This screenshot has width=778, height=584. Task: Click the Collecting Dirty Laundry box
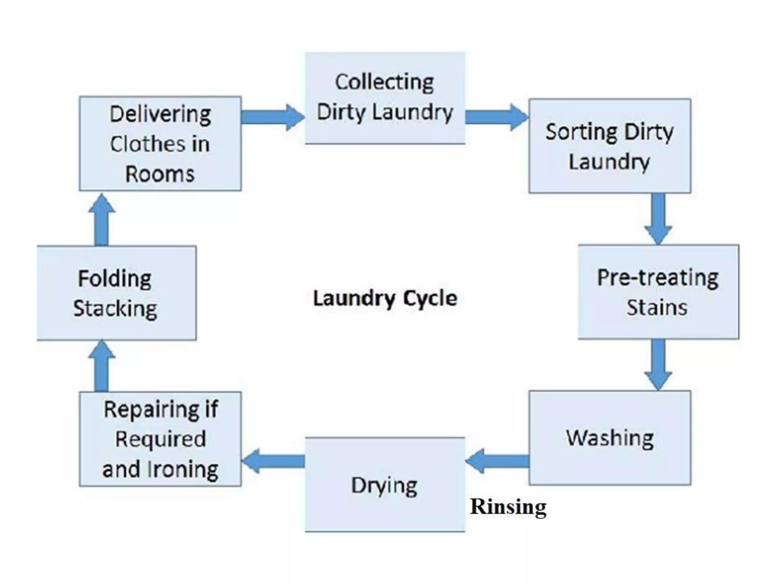[x=384, y=98]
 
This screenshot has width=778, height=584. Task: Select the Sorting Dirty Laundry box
[x=609, y=146]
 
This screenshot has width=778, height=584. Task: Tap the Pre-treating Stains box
[x=658, y=292]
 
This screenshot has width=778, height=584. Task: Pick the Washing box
[x=609, y=438]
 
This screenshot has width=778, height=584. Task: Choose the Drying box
[x=384, y=484]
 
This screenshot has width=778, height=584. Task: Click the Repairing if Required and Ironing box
[x=160, y=439]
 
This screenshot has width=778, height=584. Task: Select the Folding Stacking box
[x=116, y=293]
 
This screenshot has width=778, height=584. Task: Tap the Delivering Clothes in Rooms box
[x=160, y=143]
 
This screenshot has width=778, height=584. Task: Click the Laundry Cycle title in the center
[x=384, y=298]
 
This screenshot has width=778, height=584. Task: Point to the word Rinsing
[x=508, y=507]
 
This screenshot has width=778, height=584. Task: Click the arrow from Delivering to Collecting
[x=272, y=117]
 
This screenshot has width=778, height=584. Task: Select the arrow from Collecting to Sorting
[x=497, y=117]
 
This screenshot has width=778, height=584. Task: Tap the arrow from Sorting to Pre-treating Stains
[x=658, y=219]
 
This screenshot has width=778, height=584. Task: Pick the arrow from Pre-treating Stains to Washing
[x=658, y=364]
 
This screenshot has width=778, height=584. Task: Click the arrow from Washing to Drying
[x=497, y=461]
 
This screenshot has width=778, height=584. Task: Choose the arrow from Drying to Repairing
[x=273, y=461]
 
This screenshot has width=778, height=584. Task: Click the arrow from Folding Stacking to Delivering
[x=101, y=220]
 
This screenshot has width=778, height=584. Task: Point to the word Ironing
[x=183, y=470]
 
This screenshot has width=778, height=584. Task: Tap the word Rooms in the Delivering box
[x=160, y=175]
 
